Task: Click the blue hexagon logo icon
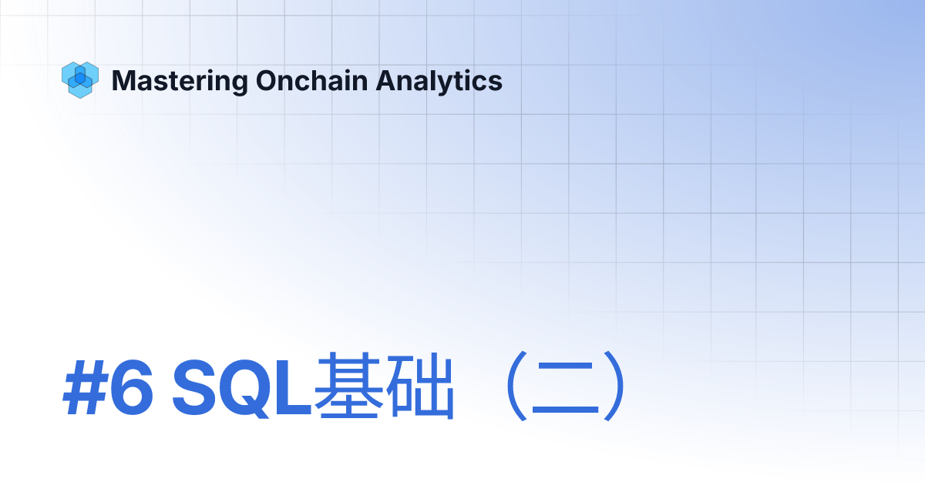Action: coord(79,79)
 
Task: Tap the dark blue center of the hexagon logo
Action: coord(79,78)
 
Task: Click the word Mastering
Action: coord(180,80)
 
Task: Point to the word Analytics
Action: coord(439,80)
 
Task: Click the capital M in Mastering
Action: coord(123,80)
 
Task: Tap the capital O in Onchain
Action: coord(267,80)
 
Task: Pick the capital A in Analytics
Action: coord(385,80)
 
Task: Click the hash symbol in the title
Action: coord(82,385)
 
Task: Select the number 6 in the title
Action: coord(130,385)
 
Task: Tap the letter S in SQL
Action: coord(193,385)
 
